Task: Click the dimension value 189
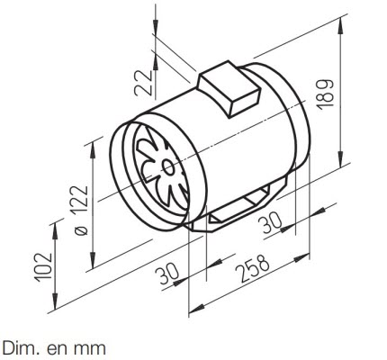(325, 94)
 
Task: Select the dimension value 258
(253, 268)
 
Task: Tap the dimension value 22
(143, 83)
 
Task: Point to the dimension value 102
(44, 267)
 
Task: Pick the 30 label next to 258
(167, 274)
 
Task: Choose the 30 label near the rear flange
(270, 222)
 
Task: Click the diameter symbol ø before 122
(80, 230)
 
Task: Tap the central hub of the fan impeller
(168, 168)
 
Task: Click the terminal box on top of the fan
(229, 88)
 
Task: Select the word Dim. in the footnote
(20, 348)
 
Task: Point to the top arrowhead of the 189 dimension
(341, 25)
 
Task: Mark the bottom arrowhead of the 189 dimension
(341, 159)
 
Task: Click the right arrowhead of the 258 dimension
(301, 257)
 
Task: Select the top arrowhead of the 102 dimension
(55, 231)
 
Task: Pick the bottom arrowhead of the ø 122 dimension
(93, 260)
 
